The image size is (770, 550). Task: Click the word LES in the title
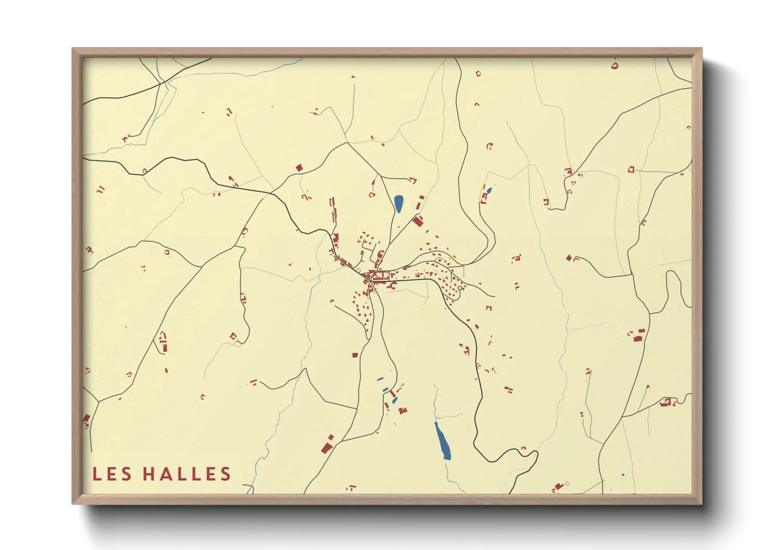click(110, 474)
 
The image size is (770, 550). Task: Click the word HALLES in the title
click(187, 474)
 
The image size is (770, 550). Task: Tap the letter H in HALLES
click(150, 474)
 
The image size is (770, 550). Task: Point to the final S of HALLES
click(225, 474)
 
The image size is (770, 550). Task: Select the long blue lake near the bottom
click(442, 441)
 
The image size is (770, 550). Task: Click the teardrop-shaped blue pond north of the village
click(399, 204)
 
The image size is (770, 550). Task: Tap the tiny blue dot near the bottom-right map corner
click(623, 475)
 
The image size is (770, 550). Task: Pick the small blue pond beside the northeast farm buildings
click(489, 190)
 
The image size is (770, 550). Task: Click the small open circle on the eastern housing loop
click(460, 288)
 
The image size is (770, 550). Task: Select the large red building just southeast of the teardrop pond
click(417, 221)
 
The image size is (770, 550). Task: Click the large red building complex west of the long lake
click(327, 446)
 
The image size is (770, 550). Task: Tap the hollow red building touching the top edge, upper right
click(615, 66)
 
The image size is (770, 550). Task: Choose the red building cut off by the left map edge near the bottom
click(86, 419)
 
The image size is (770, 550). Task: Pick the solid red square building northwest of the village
click(299, 167)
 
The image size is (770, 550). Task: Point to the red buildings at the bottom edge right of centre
click(558, 487)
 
